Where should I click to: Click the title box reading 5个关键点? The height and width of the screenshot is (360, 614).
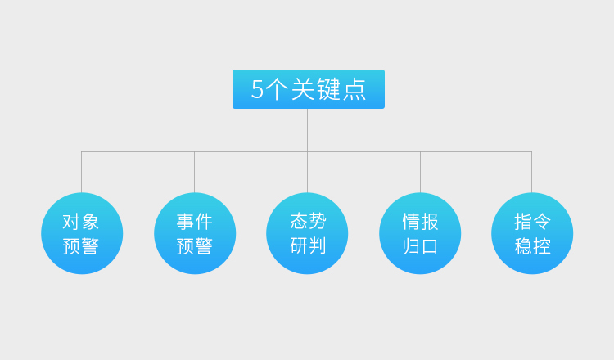pos(308,89)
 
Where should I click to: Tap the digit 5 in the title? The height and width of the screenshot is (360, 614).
pos(258,89)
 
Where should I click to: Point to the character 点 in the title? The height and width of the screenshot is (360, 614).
pos(354,89)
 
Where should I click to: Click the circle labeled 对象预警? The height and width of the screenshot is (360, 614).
pos(82,233)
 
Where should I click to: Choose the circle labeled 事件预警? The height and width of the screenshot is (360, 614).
pos(195,233)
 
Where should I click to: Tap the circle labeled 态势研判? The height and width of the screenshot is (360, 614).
pos(307,233)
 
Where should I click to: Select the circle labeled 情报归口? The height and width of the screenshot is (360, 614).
pos(420,233)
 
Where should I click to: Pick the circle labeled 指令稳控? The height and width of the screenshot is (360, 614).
pos(532,233)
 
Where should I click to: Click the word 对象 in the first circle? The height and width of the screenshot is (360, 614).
pos(81,222)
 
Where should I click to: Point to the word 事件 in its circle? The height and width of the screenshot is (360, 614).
pos(194,222)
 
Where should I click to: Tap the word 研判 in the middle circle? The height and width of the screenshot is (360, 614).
pos(308,245)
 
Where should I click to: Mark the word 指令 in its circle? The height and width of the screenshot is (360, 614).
pos(532,222)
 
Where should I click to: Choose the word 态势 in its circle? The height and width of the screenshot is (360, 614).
pos(308,221)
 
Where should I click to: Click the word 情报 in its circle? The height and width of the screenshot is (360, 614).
pos(420,222)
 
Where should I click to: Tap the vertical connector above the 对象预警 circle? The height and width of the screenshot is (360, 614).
pos(81,172)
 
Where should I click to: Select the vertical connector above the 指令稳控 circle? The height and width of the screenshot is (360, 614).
pos(531,172)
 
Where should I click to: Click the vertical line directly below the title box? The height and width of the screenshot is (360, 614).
pos(307,129)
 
